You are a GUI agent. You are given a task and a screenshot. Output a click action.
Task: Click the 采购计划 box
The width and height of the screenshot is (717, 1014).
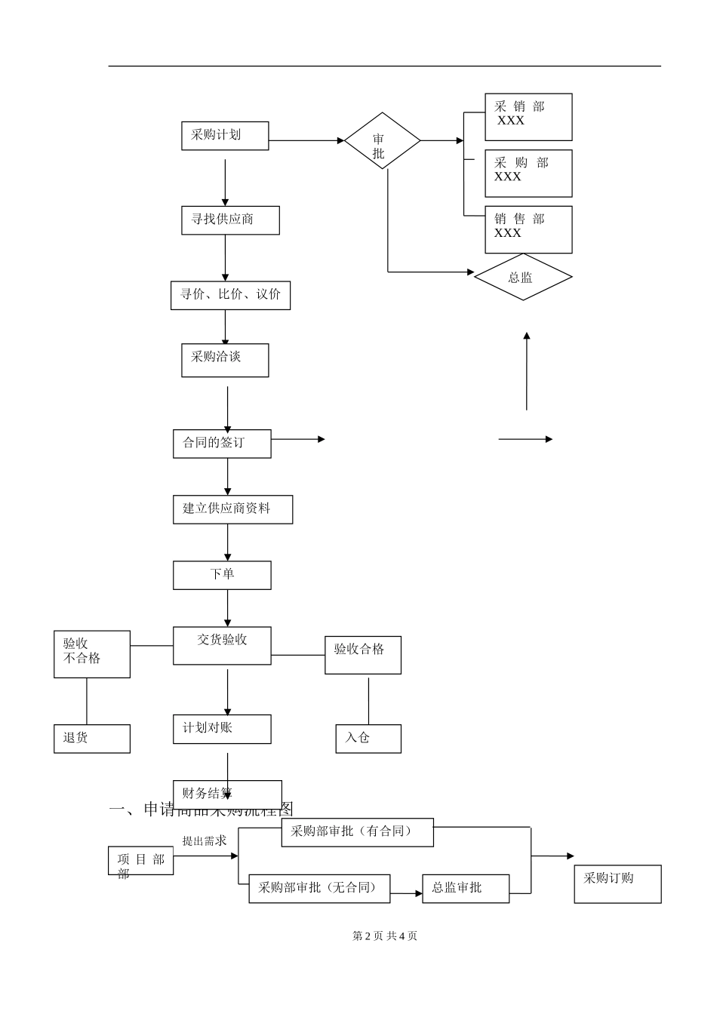click(225, 136)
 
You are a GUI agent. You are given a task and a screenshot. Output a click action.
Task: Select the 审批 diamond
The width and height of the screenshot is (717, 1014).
click(382, 141)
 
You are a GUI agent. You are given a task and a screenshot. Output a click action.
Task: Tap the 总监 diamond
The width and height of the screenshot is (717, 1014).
click(522, 277)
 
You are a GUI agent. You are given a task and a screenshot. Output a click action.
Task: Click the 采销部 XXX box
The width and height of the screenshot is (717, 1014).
click(528, 117)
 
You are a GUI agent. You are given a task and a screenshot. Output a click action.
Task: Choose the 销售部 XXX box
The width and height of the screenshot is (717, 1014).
click(528, 229)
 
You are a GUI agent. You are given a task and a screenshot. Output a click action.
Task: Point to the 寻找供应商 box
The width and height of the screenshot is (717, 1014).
click(230, 220)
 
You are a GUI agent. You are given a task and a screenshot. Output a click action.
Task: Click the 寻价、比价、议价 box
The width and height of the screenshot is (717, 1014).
click(230, 295)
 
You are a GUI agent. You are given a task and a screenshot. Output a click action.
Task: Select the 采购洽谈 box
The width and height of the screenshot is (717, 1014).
click(225, 360)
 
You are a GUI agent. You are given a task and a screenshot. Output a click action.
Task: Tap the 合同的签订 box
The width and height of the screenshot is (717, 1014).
click(222, 443)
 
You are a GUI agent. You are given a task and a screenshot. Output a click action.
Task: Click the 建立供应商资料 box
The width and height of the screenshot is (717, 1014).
click(232, 509)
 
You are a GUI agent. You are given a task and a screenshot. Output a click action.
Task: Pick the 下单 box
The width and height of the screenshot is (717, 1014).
click(222, 575)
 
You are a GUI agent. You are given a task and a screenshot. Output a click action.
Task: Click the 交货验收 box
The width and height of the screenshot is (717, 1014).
click(222, 645)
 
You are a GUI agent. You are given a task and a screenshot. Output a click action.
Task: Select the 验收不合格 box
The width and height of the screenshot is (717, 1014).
click(92, 653)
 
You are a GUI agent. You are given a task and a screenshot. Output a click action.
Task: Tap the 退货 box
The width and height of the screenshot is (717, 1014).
click(92, 738)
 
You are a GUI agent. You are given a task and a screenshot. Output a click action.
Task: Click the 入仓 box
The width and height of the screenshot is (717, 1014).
click(368, 738)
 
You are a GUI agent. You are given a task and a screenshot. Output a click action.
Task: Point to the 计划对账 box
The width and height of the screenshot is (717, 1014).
click(222, 729)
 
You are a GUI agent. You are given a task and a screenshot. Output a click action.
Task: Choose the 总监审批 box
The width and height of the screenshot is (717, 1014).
click(466, 888)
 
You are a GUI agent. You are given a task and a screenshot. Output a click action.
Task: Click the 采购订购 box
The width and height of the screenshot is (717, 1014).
click(617, 883)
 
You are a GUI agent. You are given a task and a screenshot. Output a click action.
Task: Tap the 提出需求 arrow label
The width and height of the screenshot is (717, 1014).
click(204, 840)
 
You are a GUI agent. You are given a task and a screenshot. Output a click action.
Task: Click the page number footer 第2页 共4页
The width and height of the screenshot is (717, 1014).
click(385, 936)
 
